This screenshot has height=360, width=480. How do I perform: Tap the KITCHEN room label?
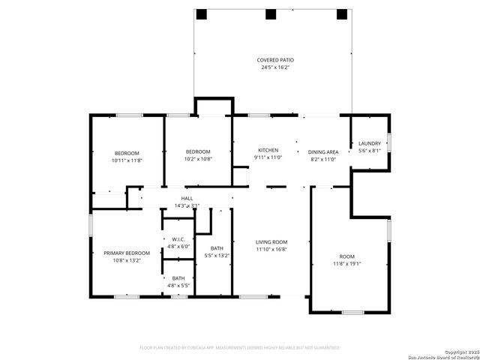[268, 150]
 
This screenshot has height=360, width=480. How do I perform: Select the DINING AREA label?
[325, 152]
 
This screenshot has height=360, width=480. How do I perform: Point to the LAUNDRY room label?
[369, 143]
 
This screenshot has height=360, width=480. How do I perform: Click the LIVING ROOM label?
[271, 241]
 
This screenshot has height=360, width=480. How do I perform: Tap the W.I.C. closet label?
[178, 239]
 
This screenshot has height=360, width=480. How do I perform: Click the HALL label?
[187, 198]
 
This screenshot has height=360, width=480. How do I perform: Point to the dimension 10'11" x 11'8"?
[127, 160]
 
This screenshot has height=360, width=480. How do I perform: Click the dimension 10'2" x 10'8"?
[199, 158]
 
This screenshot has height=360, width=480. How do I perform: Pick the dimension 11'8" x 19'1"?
[347, 263]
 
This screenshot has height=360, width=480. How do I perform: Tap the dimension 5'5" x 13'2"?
[217, 256]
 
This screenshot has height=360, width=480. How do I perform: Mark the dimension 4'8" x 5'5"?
[178, 285]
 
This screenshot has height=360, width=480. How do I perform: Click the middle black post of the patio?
[271, 14]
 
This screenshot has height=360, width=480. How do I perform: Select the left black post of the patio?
[201, 14]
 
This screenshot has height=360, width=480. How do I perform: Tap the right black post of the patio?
[342, 14]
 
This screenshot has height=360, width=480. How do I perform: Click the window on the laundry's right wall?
[388, 142]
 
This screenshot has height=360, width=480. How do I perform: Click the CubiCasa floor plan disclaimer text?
[240, 347]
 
